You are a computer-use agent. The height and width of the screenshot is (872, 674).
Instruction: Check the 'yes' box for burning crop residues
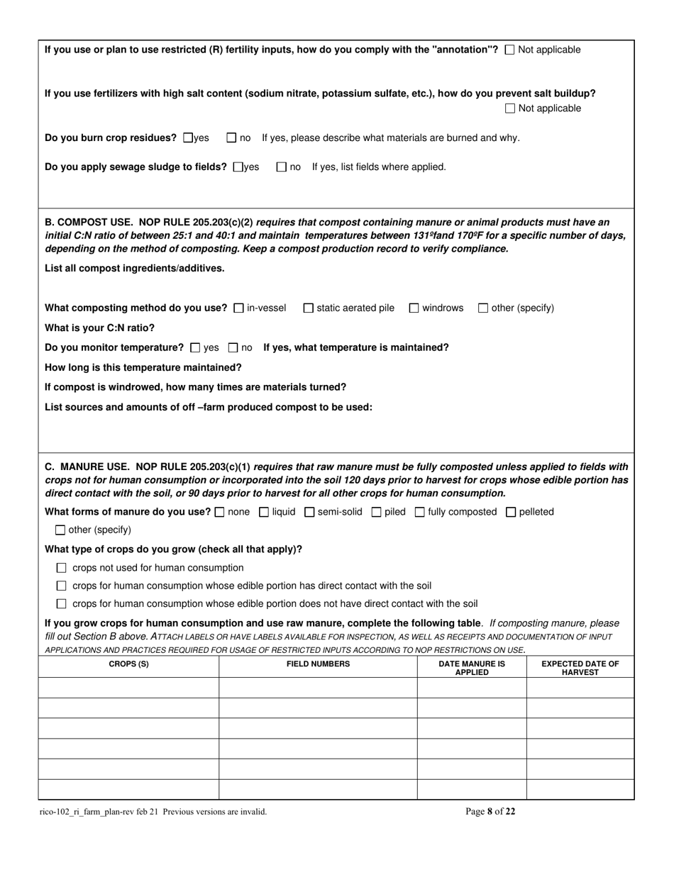188,138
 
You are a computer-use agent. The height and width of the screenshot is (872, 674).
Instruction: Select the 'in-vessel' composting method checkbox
238,308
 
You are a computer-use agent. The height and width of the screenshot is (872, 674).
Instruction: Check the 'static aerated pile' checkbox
308,308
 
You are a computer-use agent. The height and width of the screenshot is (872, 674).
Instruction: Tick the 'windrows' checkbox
414,308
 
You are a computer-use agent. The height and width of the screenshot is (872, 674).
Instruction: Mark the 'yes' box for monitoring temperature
196,347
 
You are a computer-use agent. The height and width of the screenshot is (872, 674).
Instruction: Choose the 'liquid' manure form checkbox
264,512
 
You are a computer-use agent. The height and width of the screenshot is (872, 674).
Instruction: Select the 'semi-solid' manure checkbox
309,512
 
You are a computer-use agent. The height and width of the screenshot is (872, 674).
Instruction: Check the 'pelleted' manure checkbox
511,512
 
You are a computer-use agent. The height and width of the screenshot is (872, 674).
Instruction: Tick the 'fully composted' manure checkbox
420,512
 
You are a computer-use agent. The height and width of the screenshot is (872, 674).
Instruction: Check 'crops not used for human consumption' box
61,568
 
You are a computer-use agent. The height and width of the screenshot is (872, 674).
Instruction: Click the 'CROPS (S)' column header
128,664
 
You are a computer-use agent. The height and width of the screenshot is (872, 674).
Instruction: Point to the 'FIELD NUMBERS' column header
318,664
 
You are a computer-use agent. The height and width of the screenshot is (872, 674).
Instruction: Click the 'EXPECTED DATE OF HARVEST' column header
580,668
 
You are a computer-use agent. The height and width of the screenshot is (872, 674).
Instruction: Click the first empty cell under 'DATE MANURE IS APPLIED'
471,688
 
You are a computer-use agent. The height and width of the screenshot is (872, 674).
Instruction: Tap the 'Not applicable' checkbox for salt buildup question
510,108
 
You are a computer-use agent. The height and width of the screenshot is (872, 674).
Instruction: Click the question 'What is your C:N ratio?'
99,328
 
